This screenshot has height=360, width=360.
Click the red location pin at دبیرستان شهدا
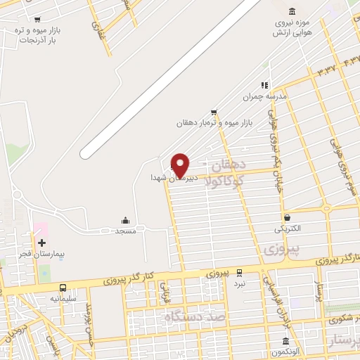[x=181, y=165]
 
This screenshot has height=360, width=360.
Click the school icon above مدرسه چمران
[x=265, y=85]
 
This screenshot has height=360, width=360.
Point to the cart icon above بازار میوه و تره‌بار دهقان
[x=214, y=112]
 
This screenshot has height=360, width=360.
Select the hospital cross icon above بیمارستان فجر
[x=41, y=243]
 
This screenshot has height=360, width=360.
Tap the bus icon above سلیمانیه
[x=63, y=288]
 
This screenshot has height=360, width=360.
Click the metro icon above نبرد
[x=240, y=272]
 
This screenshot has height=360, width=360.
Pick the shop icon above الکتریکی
[x=288, y=217]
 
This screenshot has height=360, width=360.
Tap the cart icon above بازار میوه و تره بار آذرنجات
[x=37, y=20]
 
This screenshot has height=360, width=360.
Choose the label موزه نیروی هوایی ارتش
[x=291, y=28]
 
